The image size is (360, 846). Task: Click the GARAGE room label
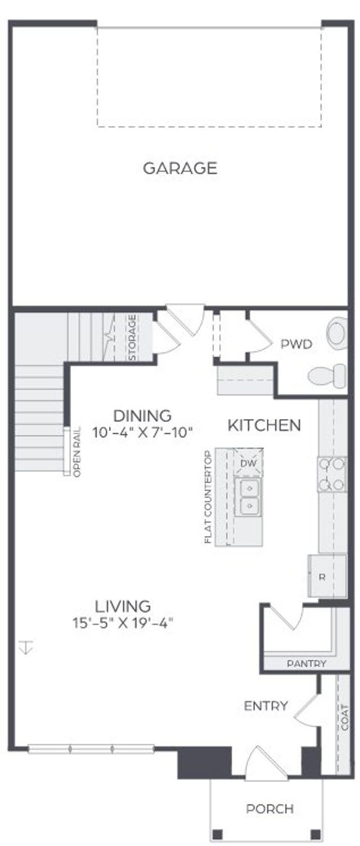[x=180, y=168]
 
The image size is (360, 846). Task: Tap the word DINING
[x=142, y=416]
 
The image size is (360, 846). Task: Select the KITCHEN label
[x=264, y=425]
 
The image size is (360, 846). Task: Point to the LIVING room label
[x=123, y=606]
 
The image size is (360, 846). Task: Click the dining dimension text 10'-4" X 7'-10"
[x=142, y=433]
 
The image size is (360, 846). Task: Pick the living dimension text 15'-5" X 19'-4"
[x=123, y=623]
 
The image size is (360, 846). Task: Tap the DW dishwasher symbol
[x=248, y=462]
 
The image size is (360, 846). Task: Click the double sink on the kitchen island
[x=248, y=497]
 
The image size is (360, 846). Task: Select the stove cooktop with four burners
[x=332, y=474]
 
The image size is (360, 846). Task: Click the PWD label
[x=296, y=344]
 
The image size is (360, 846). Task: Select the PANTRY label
[x=307, y=664]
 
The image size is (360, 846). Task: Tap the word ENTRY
[x=266, y=706]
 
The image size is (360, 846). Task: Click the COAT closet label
[x=344, y=717]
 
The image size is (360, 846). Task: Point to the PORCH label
[x=269, y=809]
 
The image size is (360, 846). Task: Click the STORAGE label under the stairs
[x=132, y=337]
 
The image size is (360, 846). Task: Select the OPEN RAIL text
[x=76, y=452]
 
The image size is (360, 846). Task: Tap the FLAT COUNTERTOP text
[x=208, y=497]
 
